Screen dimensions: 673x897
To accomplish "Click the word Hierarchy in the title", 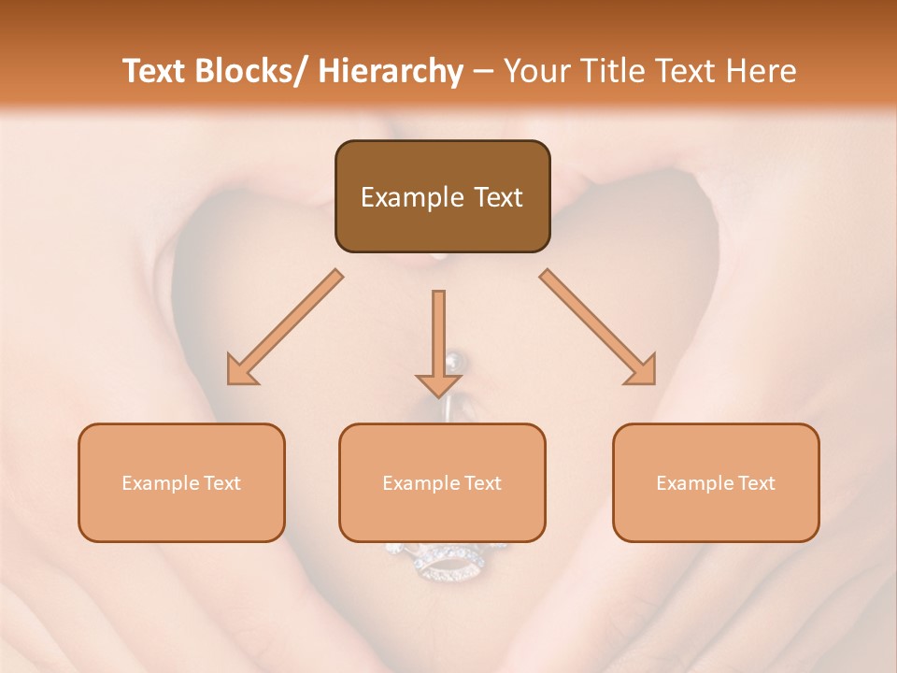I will point(391,71).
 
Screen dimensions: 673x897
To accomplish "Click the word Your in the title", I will point(534,71).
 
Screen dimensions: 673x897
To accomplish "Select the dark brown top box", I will point(442,196).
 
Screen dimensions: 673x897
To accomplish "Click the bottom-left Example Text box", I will point(181,482).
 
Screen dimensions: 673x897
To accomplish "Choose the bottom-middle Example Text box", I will point(442,482).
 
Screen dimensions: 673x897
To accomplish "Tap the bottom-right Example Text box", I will point(716,482).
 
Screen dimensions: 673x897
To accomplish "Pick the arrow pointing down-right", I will point(598,327).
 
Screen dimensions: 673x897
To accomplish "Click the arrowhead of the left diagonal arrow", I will point(242,370).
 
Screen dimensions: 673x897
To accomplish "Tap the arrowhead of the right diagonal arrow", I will point(642,370).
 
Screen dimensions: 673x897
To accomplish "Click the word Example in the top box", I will point(412,197).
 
